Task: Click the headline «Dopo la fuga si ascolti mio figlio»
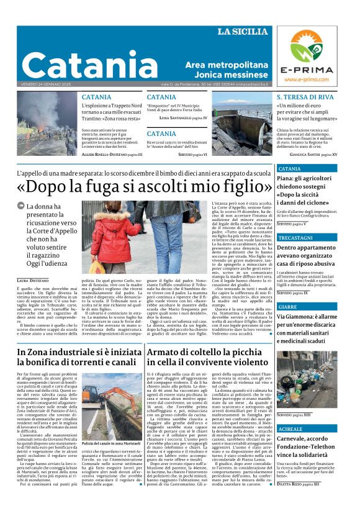point(145,186)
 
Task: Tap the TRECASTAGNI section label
point(295,238)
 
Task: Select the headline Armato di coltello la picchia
point(207,357)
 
